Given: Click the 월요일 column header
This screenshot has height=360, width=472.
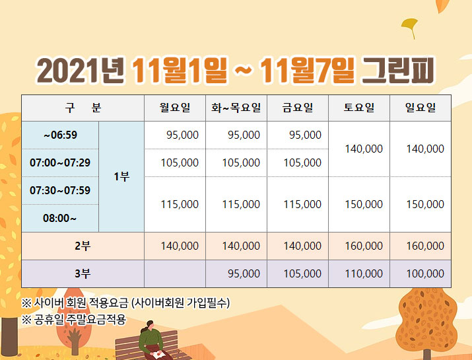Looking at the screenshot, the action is click(x=175, y=108).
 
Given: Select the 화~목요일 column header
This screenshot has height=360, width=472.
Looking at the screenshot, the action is click(x=236, y=108).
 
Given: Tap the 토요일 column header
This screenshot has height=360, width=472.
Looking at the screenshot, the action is click(x=359, y=108).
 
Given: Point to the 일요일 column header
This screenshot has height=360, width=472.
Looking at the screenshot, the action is click(x=421, y=108).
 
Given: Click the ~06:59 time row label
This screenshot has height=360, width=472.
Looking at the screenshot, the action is click(x=60, y=135).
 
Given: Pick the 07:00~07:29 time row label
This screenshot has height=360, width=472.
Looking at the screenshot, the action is click(x=60, y=162).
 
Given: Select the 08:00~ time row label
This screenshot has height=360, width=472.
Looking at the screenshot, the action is click(x=59, y=218).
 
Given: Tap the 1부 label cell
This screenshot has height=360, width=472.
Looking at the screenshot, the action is click(x=121, y=176).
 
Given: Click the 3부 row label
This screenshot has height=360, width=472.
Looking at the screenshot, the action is click(x=83, y=274).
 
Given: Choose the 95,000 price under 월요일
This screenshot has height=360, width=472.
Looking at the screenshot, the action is click(x=182, y=135).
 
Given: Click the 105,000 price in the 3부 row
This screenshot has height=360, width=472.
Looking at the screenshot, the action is click(x=302, y=274).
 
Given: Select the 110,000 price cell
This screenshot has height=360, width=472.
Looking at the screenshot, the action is click(x=364, y=274).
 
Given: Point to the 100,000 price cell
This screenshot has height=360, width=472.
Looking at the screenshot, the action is click(x=425, y=274).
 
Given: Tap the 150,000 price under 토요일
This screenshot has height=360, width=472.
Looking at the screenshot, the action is click(x=364, y=204).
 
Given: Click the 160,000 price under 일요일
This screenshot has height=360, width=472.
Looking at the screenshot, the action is click(x=425, y=246).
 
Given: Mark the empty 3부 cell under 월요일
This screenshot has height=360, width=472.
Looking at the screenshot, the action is click(x=175, y=274).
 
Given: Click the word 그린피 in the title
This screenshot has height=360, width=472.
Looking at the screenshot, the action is click(x=398, y=70).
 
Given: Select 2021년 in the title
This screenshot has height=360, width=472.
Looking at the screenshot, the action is click(x=81, y=70).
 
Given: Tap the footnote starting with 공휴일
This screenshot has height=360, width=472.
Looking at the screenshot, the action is click(x=74, y=320).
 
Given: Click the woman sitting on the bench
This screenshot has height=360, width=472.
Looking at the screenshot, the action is click(x=152, y=340).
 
